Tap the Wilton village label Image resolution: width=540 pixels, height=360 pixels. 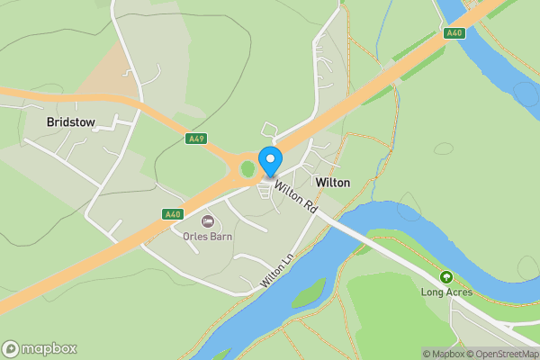coord(333,182)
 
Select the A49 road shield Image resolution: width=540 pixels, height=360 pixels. coord(195,139)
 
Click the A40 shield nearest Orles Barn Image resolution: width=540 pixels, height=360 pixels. coord(173,214)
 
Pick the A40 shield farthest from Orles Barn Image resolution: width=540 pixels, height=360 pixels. coord(454,32)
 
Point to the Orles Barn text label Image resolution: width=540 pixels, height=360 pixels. coord(209,237)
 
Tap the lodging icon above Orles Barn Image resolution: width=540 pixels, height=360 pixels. coord(208,221)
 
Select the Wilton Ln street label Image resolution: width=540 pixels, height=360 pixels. coord(277,268)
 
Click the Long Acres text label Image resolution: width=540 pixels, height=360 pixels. coord(445,292)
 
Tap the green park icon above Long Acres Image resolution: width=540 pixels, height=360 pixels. coord(445,277)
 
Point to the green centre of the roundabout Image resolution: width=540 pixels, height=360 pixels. coord(247,168)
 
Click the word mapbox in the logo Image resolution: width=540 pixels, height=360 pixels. coord(49,348)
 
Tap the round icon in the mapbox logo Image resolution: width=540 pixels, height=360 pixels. coord(12,348)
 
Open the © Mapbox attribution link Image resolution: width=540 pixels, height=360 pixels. coord(444,354)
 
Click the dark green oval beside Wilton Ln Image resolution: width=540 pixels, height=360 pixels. coord(308,292)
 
